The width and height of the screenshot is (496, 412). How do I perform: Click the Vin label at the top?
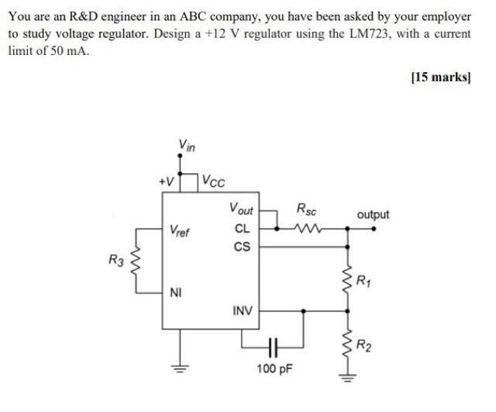tap(187, 144)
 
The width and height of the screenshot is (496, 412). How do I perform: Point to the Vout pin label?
tap(241, 208)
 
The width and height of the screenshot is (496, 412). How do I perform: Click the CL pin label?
tap(241, 228)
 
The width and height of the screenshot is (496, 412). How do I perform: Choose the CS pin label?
tap(241, 247)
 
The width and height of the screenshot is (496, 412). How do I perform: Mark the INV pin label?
tap(242, 311)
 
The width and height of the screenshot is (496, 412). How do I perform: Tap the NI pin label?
tap(177, 293)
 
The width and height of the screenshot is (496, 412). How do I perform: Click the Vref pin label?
tap(179, 230)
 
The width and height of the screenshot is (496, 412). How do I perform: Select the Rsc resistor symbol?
tap(308, 228)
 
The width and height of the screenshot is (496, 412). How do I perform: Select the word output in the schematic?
tap(373, 215)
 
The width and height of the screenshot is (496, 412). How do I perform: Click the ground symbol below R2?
tap(346, 379)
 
